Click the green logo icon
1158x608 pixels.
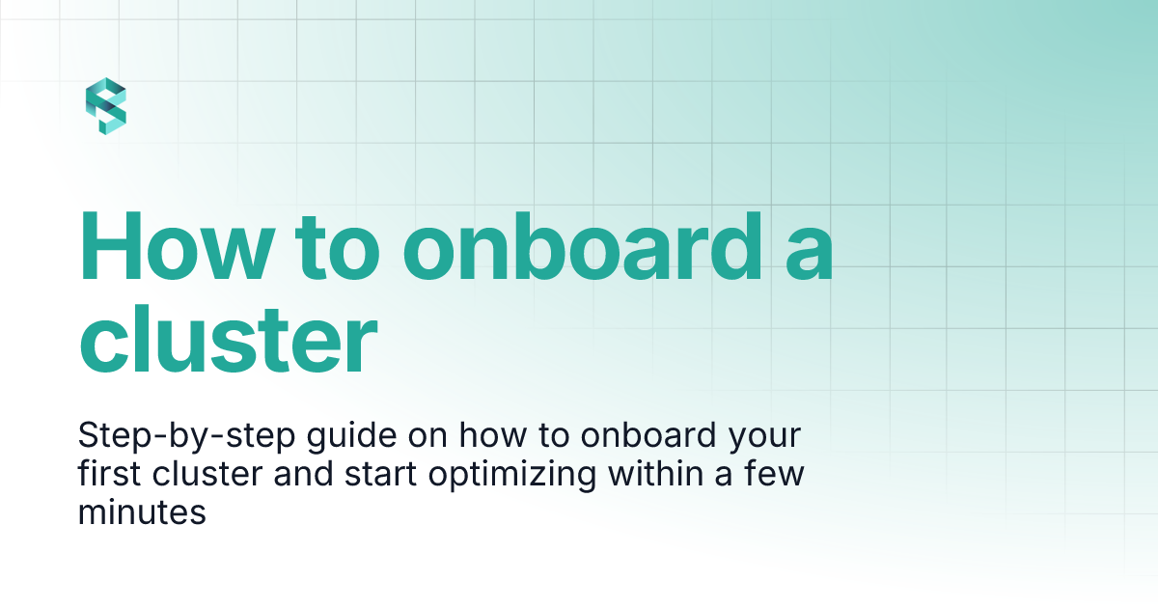pyautogui.click(x=106, y=106)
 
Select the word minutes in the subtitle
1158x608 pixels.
pyautogui.click(x=143, y=512)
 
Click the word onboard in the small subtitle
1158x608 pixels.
pyautogui.click(x=647, y=437)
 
